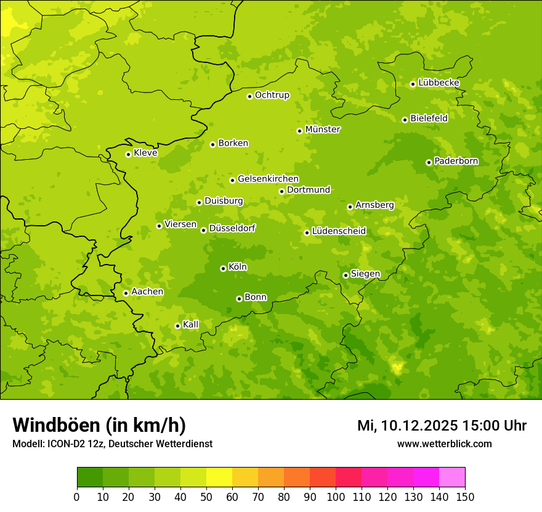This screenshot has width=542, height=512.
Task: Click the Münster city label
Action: tap(322, 130)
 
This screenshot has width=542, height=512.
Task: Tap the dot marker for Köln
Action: tap(223, 268)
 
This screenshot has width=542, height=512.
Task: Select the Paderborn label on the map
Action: tap(456, 161)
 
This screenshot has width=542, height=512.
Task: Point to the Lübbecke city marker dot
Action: tap(413, 84)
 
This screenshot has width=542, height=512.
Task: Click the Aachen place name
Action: tap(147, 292)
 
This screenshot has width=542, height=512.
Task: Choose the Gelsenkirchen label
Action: tap(268, 179)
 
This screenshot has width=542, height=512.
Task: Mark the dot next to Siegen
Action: tap(346, 275)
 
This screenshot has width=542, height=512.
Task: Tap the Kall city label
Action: tap(191, 324)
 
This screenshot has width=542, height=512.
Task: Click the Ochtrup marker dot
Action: tap(249, 96)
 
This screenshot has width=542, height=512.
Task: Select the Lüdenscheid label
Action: tap(339, 231)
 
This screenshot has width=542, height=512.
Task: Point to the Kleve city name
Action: tap(145, 153)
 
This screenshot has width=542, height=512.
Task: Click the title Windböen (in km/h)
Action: tap(99, 425)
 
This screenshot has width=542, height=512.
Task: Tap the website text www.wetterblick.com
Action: tap(444, 444)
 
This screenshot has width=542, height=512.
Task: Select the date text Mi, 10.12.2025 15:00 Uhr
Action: tap(442, 425)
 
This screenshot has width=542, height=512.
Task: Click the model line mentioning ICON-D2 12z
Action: tap(112, 444)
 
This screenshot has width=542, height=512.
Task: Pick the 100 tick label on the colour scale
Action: tap(336, 497)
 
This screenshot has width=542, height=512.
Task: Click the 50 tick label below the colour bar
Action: tap(206, 497)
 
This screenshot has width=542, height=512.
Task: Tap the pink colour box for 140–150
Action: tap(452, 477)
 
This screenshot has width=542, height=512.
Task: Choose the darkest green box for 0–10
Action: tap(90, 477)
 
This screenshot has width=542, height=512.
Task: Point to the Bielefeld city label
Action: tap(429, 118)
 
